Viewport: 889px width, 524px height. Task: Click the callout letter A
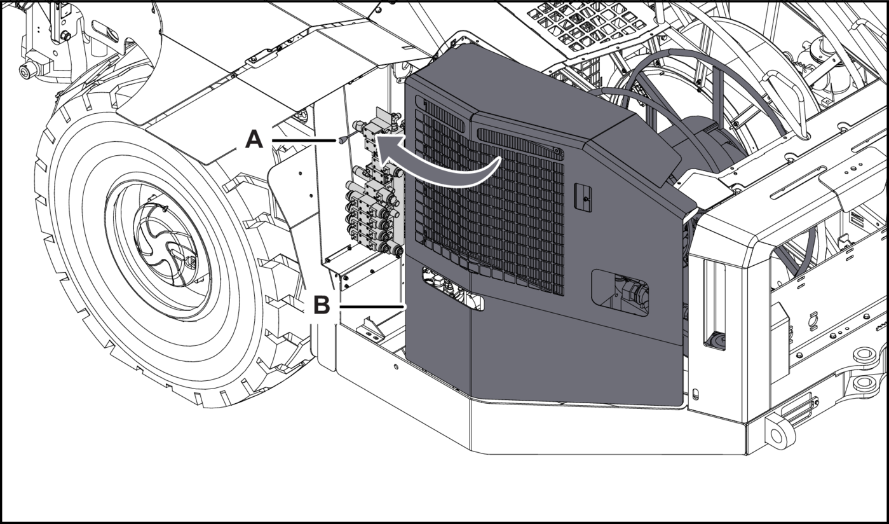254,139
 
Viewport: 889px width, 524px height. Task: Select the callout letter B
322,306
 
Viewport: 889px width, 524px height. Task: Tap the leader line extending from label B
372,307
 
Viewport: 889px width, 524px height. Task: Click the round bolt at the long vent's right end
556,151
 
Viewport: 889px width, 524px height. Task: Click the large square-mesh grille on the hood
489,203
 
